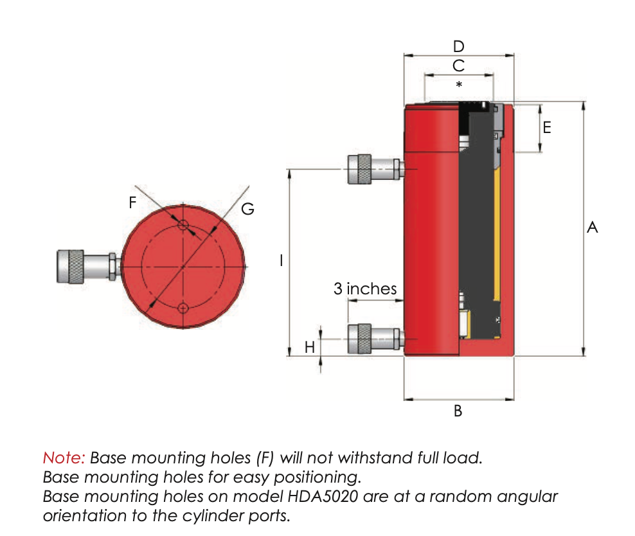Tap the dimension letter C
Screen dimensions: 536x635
(x=458, y=66)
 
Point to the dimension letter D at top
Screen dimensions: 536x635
(x=458, y=46)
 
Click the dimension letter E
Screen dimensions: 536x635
(x=546, y=127)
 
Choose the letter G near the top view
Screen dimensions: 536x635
(x=247, y=209)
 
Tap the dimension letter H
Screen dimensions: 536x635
(x=310, y=348)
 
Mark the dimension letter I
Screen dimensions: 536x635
(x=281, y=260)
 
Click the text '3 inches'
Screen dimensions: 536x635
(x=365, y=289)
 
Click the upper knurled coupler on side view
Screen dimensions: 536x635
(x=359, y=169)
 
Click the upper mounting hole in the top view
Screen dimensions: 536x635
(x=183, y=225)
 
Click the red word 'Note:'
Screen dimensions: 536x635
(x=64, y=458)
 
